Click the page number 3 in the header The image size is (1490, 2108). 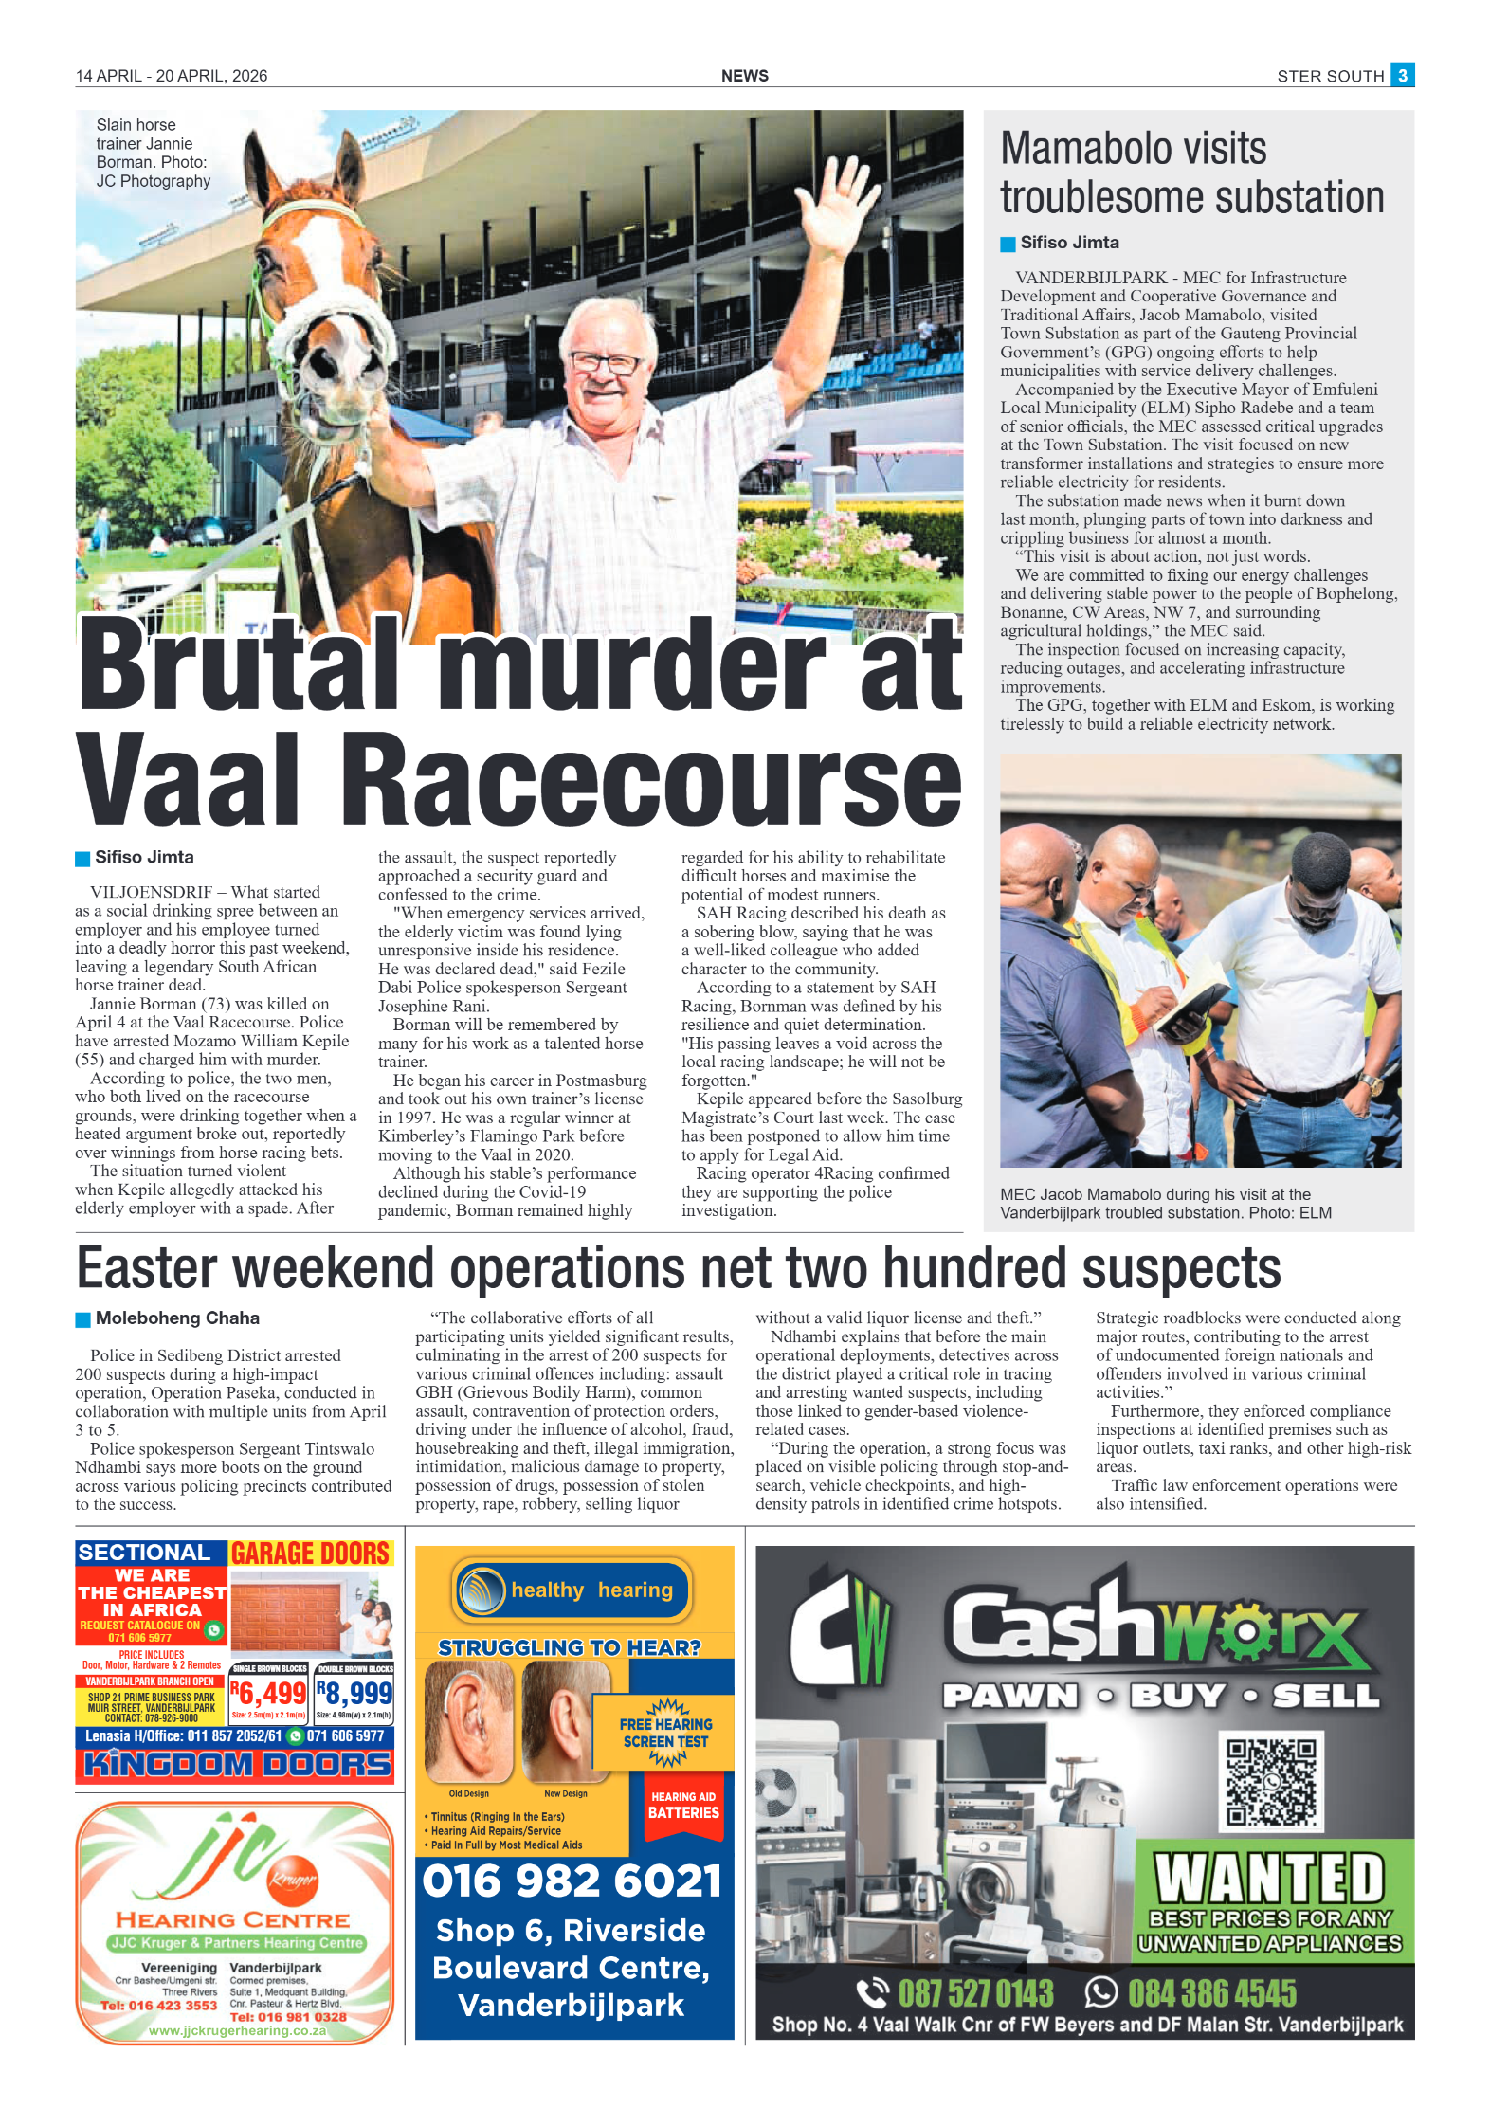(x=1402, y=75)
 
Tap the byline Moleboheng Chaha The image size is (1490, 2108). (x=176, y=1317)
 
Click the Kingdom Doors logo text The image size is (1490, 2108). (x=236, y=1764)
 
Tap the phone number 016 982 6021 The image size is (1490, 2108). (x=572, y=1881)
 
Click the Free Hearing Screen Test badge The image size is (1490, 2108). (x=665, y=1734)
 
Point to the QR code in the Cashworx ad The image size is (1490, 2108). (x=1270, y=1783)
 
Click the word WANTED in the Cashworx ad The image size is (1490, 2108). (x=1269, y=1879)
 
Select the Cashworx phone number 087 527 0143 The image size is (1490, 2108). (x=975, y=1992)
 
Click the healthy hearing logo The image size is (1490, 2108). (x=572, y=1590)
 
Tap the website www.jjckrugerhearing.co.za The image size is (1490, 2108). (x=237, y=2030)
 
